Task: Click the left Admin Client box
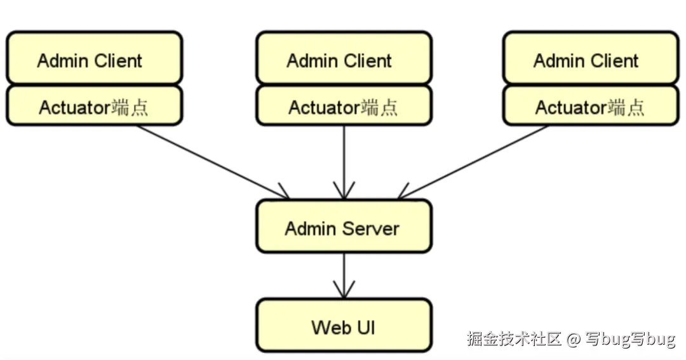pos(94,58)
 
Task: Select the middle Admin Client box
pos(344,58)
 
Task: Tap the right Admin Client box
pos(591,58)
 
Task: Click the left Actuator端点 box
pos(94,106)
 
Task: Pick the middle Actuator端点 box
pos(344,106)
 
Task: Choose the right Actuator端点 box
pos(591,106)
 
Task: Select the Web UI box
pos(344,326)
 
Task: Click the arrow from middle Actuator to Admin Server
pos(344,162)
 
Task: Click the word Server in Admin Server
pos(372,228)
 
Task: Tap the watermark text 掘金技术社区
pos(514,339)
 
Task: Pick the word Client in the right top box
pos(613,61)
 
